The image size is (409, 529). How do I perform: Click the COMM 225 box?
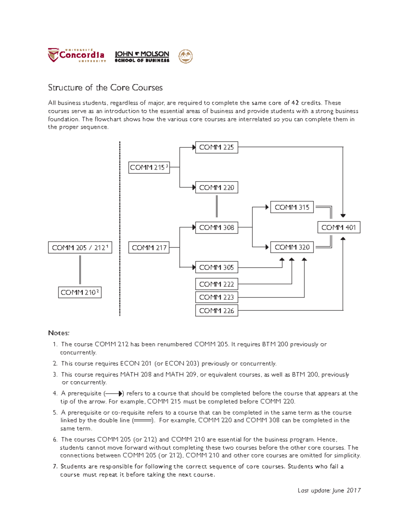point(216,147)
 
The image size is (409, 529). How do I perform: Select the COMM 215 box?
point(149,168)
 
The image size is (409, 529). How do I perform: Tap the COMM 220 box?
point(216,188)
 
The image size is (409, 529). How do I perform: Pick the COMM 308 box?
point(216,228)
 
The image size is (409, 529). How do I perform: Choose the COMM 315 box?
point(292,207)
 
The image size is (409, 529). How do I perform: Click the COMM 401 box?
point(338,228)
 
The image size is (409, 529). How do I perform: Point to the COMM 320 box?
point(292,247)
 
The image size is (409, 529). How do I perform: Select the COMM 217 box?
point(149,248)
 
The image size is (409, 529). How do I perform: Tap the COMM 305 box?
point(216,267)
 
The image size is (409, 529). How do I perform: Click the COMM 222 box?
point(216,284)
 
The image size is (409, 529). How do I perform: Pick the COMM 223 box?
point(216,297)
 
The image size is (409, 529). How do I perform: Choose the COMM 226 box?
point(216,311)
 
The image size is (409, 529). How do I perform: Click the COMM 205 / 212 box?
point(80,248)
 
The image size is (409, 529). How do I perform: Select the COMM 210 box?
point(80,293)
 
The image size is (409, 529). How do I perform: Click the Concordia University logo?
point(77,56)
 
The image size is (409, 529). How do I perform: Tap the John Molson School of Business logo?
point(142,57)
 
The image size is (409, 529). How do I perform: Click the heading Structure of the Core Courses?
point(105,88)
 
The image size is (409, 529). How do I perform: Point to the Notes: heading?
point(59,333)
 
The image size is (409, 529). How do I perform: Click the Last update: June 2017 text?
point(329,491)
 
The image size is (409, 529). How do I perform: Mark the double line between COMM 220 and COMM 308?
point(216,206)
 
